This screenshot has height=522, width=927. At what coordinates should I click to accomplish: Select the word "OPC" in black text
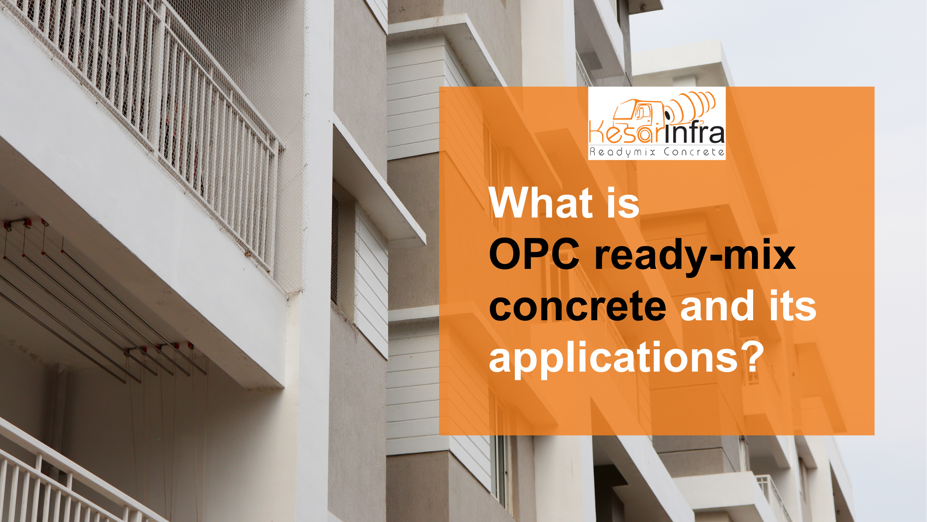click(x=534, y=255)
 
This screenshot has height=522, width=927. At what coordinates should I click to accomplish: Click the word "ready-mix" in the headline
click(x=695, y=257)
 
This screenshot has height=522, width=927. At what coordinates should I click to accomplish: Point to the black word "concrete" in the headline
click(x=578, y=307)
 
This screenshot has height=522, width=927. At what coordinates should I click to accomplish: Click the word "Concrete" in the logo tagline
click(x=694, y=152)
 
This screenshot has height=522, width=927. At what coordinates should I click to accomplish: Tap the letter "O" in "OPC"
click(x=504, y=255)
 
